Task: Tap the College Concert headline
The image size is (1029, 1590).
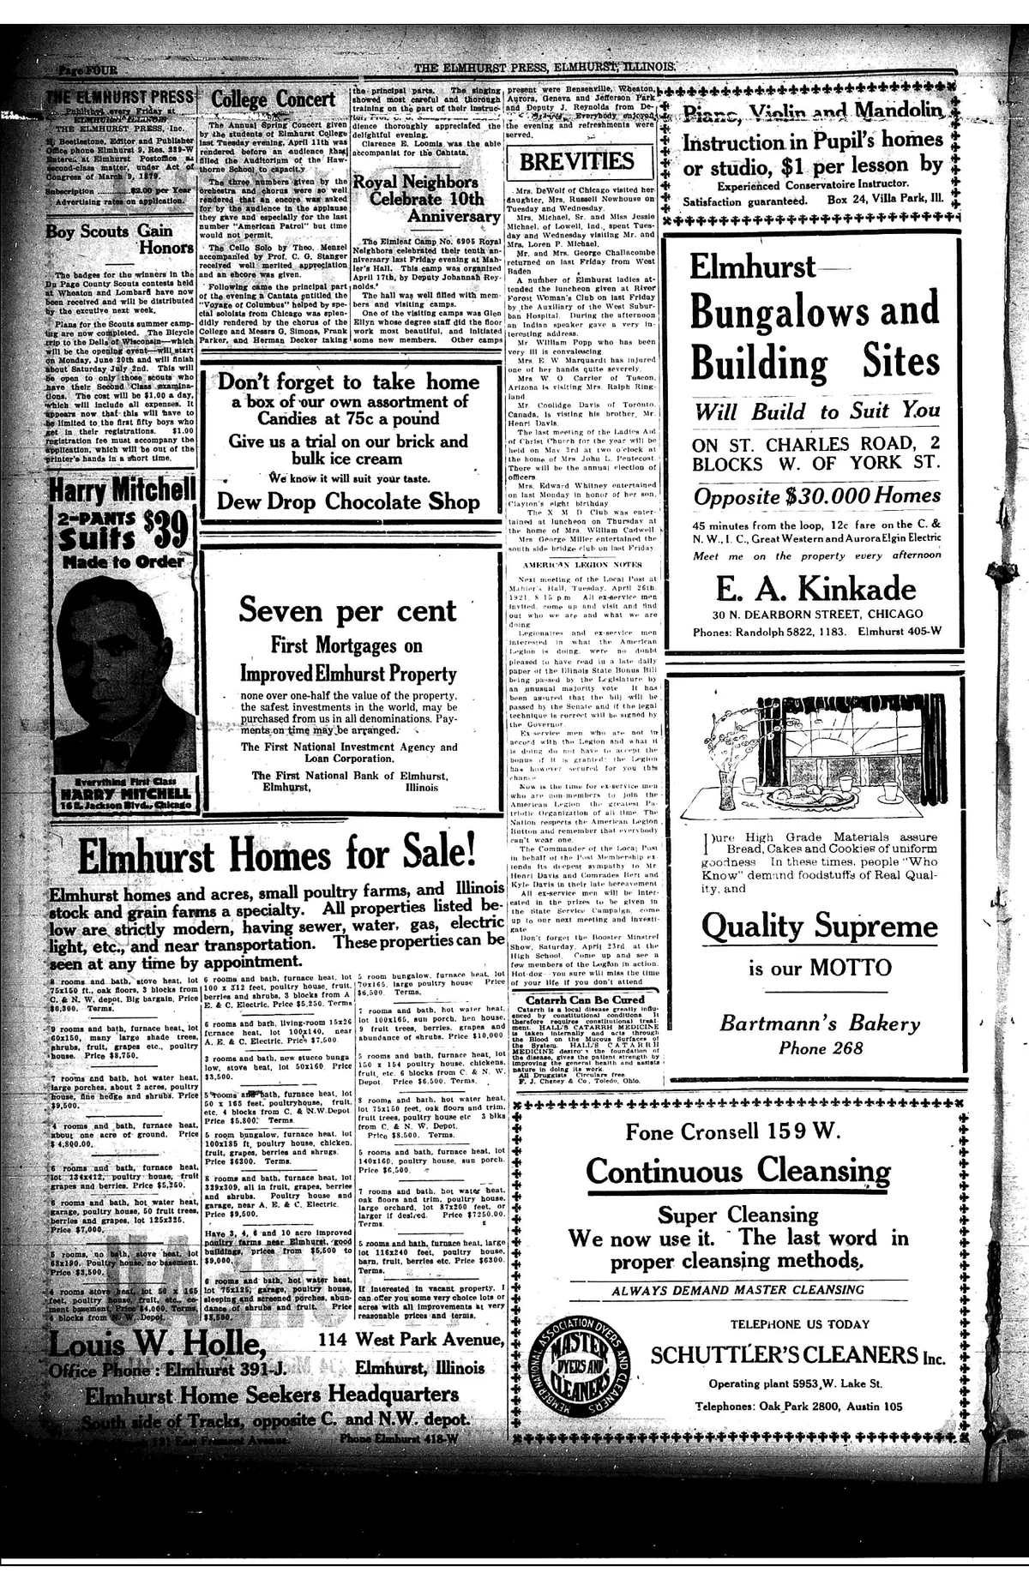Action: point(274,100)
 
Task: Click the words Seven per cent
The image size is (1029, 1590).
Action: point(347,610)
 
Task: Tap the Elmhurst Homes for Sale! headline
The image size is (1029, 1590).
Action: point(276,854)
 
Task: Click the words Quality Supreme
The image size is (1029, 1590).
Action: point(819,927)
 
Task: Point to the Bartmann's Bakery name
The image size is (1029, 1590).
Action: point(819,1023)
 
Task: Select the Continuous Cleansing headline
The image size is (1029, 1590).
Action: point(737,1171)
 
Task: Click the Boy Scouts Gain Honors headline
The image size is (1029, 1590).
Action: point(120,239)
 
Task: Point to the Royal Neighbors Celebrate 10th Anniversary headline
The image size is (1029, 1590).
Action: point(426,199)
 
